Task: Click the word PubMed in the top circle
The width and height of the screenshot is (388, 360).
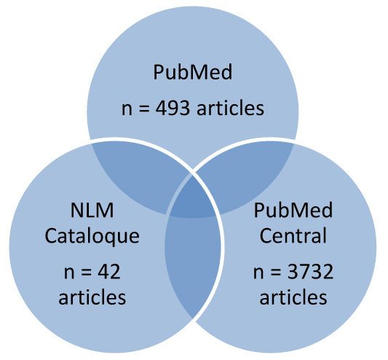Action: (x=193, y=72)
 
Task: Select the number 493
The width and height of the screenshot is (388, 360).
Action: (x=173, y=109)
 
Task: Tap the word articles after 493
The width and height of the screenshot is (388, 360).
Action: (x=230, y=109)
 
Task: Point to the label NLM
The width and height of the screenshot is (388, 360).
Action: (x=92, y=211)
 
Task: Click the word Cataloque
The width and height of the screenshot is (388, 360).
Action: (x=92, y=237)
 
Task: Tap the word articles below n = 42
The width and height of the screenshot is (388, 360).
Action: (x=92, y=297)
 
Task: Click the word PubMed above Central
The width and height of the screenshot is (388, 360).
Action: (x=293, y=211)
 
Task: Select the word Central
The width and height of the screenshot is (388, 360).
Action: (x=293, y=235)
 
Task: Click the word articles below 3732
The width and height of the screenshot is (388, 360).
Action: (x=293, y=297)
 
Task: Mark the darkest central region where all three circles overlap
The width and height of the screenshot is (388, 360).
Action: (x=192, y=198)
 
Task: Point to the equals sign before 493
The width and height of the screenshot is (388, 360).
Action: (x=144, y=109)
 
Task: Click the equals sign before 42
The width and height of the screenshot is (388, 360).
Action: (x=87, y=273)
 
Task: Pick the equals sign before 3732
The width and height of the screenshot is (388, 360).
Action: (x=276, y=273)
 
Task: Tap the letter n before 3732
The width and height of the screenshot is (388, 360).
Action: (x=258, y=273)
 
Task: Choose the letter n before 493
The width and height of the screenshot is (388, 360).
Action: (x=127, y=110)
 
